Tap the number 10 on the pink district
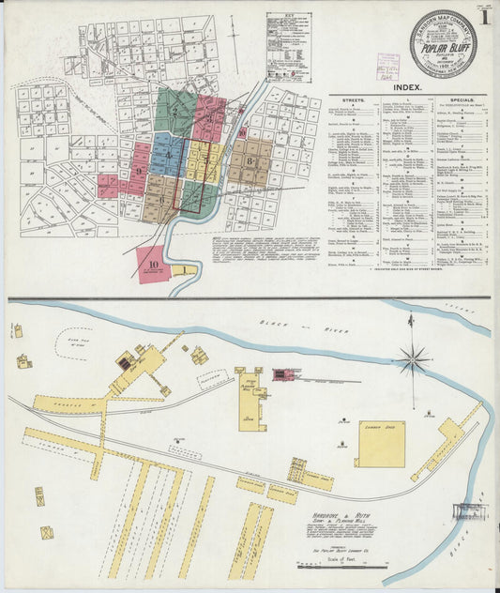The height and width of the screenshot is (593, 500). [x=153, y=265]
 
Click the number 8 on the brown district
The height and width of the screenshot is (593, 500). [x=250, y=160]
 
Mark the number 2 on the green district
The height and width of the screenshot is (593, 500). [x=174, y=110]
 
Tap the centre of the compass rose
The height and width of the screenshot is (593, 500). [x=412, y=357]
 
